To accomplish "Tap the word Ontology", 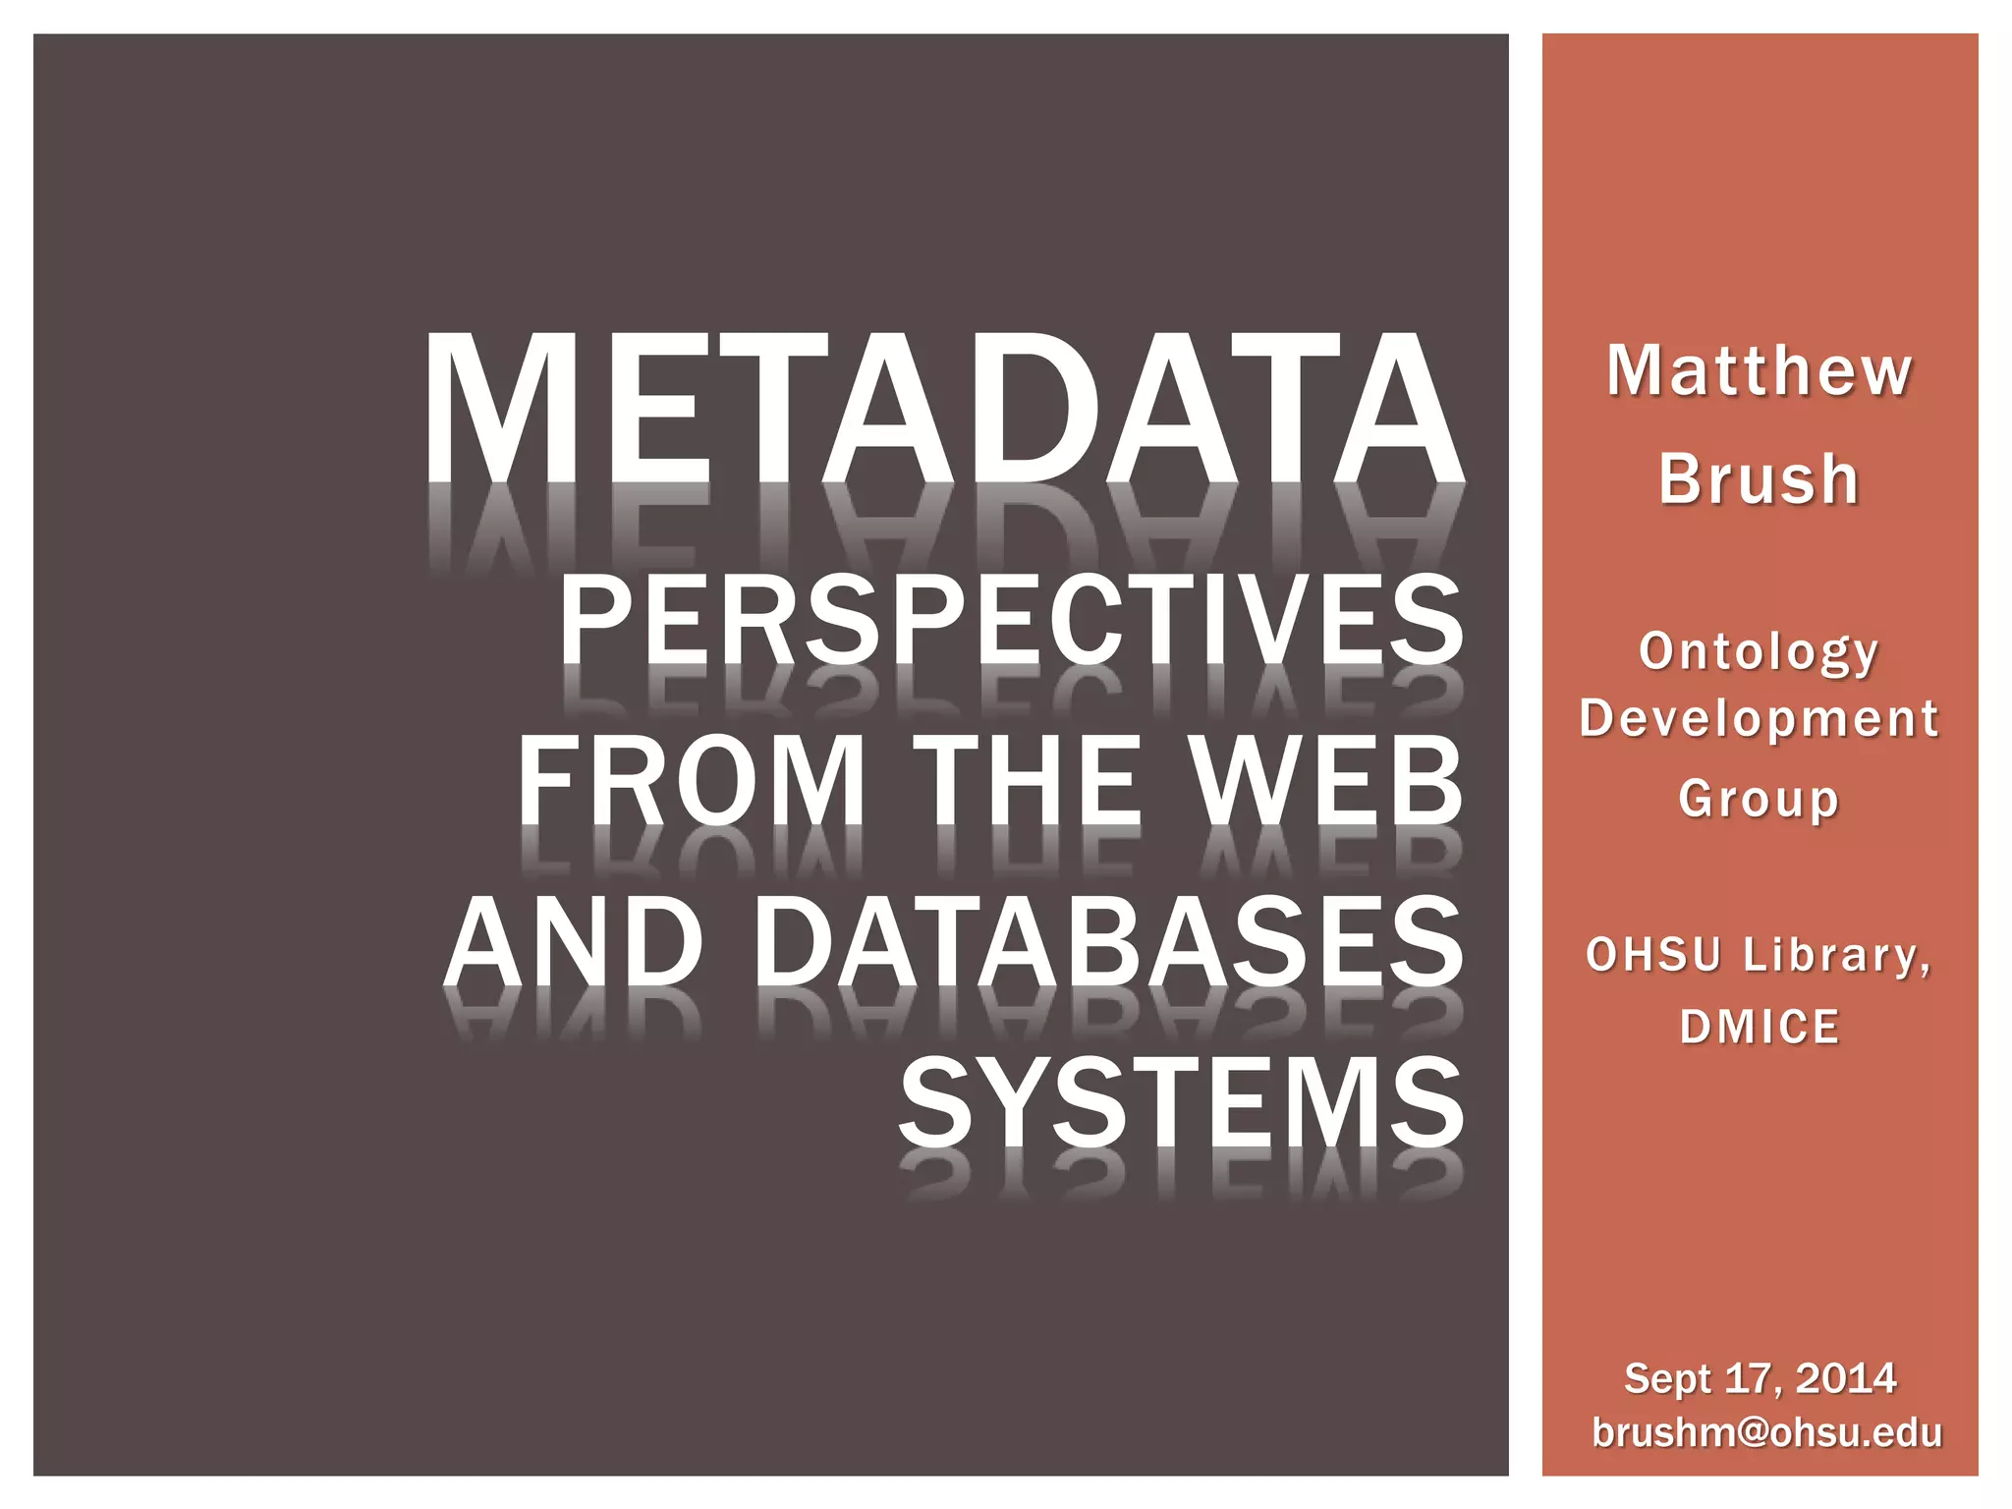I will [1759, 652].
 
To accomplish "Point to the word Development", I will [1759, 718].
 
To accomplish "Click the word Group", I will [1759, 798].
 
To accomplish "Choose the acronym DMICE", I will [1759, 1028].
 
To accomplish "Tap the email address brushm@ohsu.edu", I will [1766, 1432].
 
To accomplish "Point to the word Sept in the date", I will [1667, 1379].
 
